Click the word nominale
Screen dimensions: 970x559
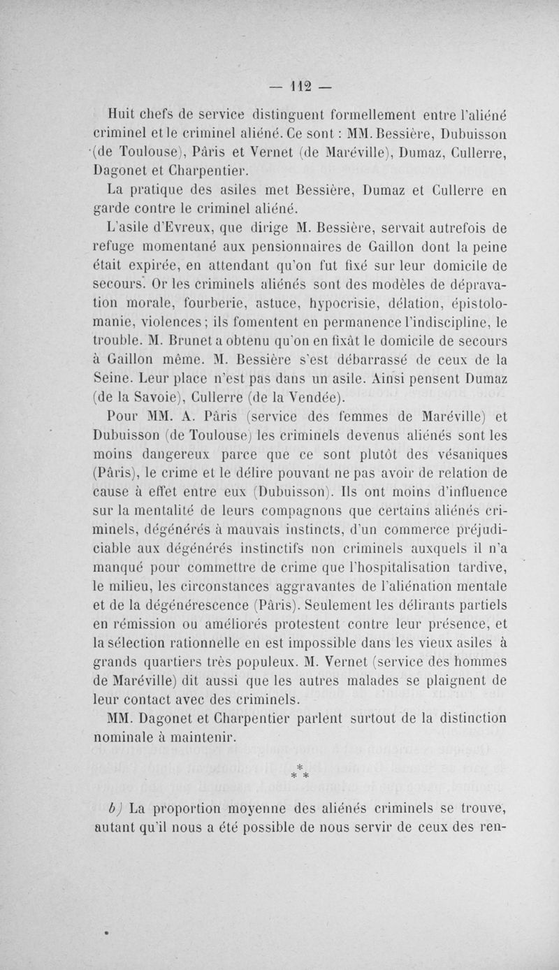[125, 737]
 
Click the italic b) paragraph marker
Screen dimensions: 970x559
[115, 807]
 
